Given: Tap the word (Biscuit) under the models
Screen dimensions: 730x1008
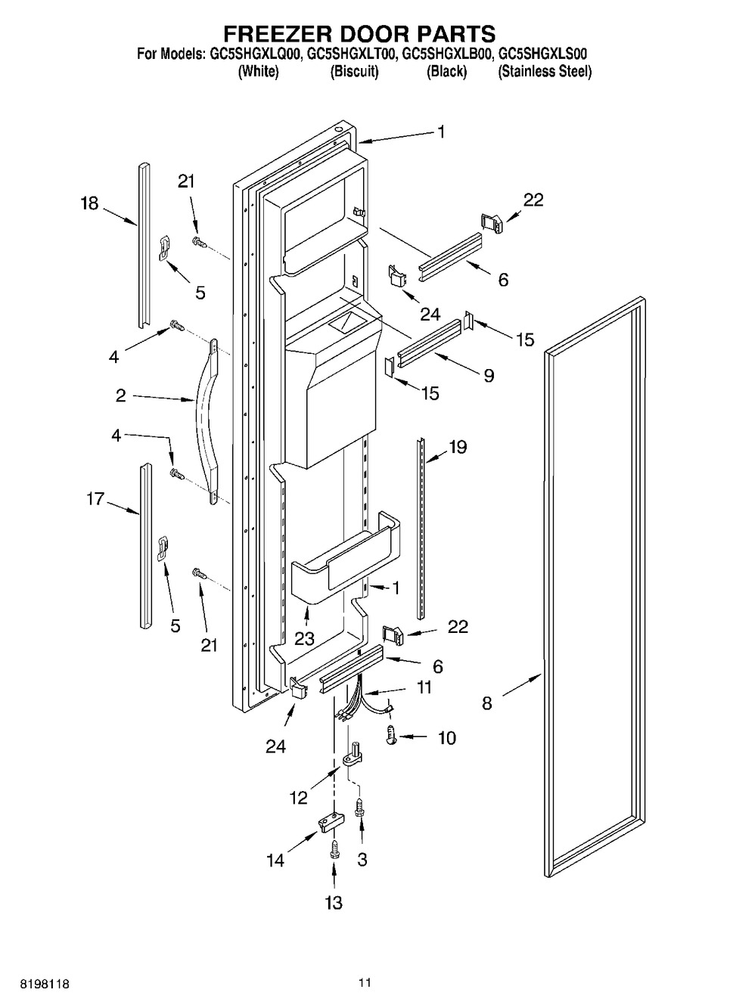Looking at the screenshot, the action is click(355, 72).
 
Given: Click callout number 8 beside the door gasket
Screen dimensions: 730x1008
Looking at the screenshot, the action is click(487, 703).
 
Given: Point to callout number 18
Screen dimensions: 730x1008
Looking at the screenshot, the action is click(89, 203).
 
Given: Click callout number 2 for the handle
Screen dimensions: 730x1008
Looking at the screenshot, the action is click(120, 396).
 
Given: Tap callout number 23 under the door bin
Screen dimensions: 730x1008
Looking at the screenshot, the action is click(304, 638).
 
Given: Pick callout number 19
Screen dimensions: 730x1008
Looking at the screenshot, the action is click(458, 448).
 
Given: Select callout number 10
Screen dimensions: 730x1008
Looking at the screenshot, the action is click(447, 739).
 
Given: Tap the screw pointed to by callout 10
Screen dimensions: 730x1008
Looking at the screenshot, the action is click(391, 736).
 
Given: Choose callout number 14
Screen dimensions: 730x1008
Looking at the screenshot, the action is click(275, 861).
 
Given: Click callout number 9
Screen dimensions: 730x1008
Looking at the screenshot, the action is click(489, 376).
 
